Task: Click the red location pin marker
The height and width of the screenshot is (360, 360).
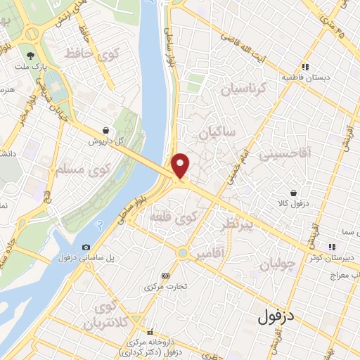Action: (181, 165)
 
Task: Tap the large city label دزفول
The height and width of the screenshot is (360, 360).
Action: (276, 316)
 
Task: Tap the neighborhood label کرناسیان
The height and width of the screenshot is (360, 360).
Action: (245, 89)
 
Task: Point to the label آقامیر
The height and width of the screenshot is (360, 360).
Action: (212, 252)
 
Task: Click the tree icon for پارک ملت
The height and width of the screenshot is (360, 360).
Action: (30, 55)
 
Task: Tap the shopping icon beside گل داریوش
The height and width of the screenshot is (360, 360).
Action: (105, 130)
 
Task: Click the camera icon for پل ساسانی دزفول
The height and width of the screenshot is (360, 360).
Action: (86, 247)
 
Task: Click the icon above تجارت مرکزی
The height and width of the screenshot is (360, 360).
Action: (166, 276)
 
